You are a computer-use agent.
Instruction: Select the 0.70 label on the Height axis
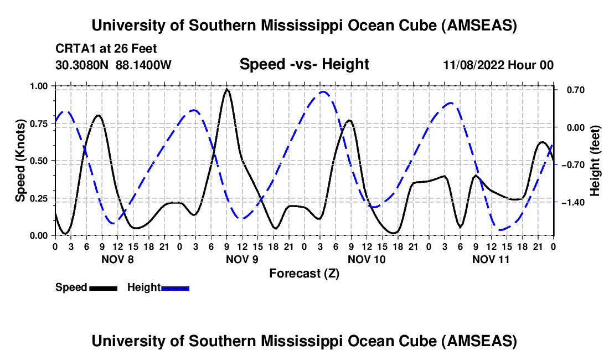571,90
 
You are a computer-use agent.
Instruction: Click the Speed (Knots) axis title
20,160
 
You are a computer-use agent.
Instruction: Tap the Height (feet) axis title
595,160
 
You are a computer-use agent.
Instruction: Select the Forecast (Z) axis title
304,273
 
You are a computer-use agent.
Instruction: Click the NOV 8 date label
117,259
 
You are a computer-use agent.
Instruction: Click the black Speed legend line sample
103,287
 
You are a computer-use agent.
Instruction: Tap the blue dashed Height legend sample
176,287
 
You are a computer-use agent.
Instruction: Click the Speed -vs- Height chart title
304,64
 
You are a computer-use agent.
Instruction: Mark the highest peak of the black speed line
226,89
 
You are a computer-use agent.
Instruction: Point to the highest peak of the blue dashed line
323,91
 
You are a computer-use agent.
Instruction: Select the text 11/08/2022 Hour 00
498,65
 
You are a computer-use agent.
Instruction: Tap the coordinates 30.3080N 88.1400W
113,65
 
